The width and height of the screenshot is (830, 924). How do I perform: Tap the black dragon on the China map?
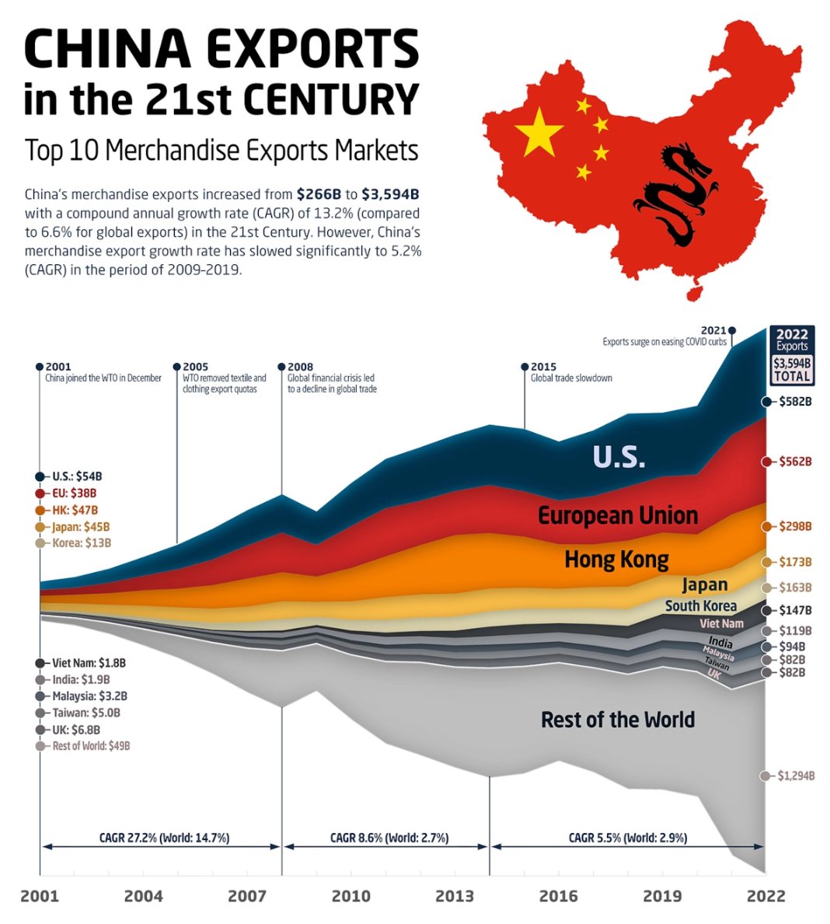point(673,194)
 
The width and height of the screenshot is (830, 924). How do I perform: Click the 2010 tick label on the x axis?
point(351,896)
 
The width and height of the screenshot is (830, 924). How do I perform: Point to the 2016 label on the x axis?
point(559,896)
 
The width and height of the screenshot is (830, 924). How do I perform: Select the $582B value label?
point(796,402)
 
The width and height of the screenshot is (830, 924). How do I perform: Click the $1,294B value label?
point(796,776)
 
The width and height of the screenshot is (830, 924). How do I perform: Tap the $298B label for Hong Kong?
point(795,527)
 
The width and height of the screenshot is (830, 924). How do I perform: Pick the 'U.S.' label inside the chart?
point(619,457)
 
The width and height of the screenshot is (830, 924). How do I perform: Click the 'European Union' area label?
point(618,515)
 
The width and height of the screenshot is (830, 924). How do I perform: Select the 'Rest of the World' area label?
point(618,720)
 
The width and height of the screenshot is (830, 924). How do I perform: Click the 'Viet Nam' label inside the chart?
point(721,623)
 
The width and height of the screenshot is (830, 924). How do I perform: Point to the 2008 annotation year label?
point(300,367)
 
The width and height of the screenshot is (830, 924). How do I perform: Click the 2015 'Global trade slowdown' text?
point(571,378)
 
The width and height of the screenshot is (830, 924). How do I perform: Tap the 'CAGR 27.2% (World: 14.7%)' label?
point(164,838)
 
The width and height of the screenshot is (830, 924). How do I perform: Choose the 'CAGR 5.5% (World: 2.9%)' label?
point(628,838)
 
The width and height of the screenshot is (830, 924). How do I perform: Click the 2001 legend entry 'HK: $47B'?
point(75,510)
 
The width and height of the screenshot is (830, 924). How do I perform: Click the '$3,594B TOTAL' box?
point(792,369)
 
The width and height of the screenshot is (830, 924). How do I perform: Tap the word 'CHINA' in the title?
point(107,48)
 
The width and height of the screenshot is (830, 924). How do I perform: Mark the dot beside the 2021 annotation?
point(732,330)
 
